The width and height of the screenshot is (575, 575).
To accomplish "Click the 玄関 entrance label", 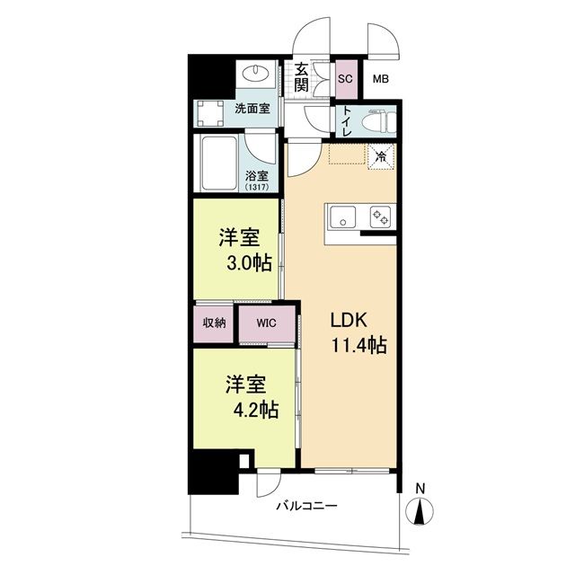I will [x=301, y=76].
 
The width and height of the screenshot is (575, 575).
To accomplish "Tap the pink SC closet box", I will [x=345, y=77].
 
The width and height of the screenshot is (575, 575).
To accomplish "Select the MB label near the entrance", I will [x=382, y=77].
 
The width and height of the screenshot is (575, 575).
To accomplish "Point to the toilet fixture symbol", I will [x=374, y=117].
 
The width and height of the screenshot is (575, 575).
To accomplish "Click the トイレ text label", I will [x=346, y=118].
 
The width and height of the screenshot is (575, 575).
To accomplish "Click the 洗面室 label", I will [x=252, y=110].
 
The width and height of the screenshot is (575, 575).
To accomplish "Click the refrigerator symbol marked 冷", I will [x=381, y=155].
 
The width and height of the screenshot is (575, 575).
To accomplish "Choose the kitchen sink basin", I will [x=343, y=217].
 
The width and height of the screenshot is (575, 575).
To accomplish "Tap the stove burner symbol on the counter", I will [x=380, y=217].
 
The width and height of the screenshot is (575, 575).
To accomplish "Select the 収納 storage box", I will [x=214, y=323].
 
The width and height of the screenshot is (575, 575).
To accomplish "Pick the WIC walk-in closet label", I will [x=266, y=323].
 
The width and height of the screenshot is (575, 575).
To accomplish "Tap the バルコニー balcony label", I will [x=306, y=507].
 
